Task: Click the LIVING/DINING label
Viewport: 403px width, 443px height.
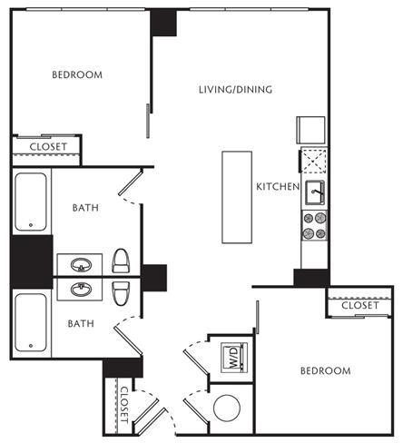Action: [235, 90]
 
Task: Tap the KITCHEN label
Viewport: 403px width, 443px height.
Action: [278, 187]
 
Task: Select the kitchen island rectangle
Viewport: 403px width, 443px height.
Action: [237, 197]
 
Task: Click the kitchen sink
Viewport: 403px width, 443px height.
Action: [315, 192]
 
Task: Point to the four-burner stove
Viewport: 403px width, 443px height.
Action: [315, 226]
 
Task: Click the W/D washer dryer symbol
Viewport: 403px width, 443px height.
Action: [235, 358]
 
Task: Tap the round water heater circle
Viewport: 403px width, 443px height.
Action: [227, 408]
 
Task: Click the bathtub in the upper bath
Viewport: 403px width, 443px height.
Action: [31, 202]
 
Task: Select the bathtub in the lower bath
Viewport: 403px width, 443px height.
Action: [31, 322]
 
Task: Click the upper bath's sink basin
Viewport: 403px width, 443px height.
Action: [81, 265]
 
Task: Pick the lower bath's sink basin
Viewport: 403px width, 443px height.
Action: [81, 290]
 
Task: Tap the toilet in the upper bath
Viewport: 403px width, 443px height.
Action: [121, 261]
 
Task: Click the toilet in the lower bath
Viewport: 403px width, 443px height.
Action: [121, 293]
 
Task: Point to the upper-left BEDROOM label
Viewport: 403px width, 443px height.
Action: [77, 74]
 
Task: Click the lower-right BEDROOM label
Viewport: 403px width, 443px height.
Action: [326, 370]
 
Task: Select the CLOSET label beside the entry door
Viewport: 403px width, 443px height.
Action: [124, 405]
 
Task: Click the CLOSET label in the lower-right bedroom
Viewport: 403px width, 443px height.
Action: [360, 305]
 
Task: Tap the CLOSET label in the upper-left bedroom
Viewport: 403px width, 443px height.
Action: [48, 147]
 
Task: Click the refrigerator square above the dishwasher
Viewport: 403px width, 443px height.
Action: [310, 130]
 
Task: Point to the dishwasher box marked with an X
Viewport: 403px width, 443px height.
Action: [314, 161]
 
